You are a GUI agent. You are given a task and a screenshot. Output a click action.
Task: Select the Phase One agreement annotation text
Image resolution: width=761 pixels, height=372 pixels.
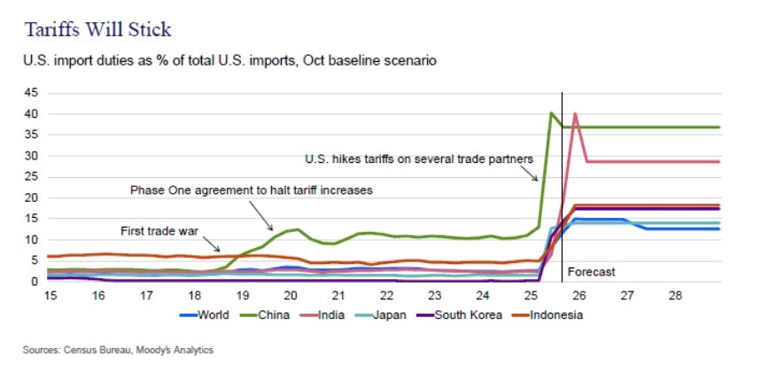pos(250,190)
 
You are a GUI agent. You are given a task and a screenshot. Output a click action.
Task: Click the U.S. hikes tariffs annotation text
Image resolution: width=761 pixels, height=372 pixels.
pos(417,159)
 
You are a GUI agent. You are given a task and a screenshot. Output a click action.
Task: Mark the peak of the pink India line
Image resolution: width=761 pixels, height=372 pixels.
pos(575,113)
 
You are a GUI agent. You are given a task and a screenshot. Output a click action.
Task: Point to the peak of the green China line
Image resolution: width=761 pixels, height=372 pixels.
pos(551,112)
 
